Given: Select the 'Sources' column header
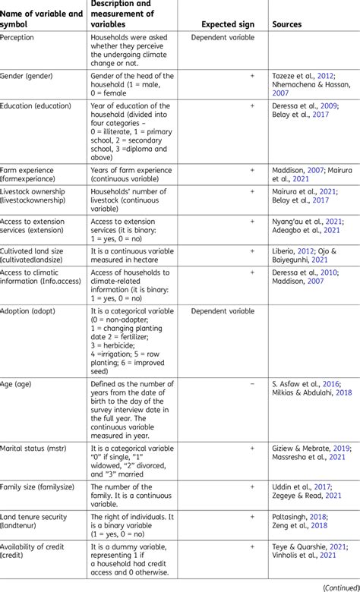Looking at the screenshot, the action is click(x=286, y=24).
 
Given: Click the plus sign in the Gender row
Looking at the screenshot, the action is click(x=251, y=76).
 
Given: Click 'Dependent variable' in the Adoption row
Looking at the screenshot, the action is click(x=223, y=311).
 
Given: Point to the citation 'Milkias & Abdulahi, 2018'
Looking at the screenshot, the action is click(x=311, y=394).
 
